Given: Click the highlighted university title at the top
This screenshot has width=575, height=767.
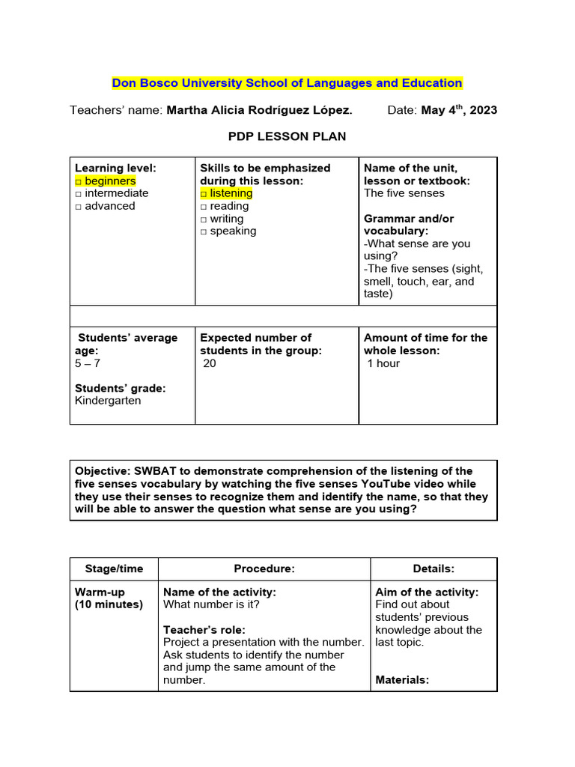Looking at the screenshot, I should [287, 82].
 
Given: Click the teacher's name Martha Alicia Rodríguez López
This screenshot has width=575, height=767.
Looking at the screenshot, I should [259, 110].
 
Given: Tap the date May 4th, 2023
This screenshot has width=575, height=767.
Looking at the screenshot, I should [459, 110].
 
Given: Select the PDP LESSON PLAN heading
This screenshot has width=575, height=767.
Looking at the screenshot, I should [287, 136].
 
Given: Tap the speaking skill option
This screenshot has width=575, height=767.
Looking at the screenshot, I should [228, 231].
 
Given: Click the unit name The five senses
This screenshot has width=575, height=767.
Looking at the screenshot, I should [404, 193].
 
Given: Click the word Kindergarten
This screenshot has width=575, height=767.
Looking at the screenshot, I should [108, 400].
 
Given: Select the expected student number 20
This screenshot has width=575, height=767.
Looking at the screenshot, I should [210, 363].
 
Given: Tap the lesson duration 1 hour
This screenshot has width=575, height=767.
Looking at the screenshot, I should [383, 363].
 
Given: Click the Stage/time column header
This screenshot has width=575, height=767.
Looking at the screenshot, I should [109, 569].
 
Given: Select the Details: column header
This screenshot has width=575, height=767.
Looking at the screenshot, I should [433, 569].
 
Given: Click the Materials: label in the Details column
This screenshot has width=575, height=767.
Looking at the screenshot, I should [402, 680].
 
